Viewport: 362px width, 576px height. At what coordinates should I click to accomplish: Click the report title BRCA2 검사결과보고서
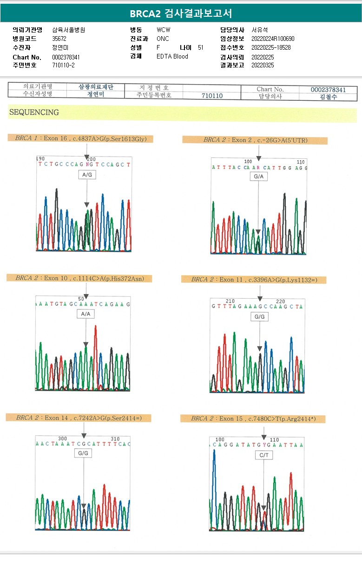pos(181,13)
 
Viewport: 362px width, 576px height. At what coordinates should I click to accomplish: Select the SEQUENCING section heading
pos(34,112)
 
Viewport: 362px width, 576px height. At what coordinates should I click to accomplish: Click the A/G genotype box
pos(87,175)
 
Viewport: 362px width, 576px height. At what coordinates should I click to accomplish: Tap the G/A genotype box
pos(258,177)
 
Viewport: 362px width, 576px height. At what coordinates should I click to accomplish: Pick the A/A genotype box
pos(86,314)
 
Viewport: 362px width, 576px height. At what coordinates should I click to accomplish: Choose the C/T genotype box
pos(263,456)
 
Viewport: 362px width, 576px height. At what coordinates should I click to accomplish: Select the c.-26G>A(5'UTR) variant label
pos(255,140)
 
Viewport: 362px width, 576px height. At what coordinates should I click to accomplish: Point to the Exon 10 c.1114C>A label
pos(79,278)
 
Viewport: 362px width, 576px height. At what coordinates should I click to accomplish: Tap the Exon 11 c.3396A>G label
pos(254,280)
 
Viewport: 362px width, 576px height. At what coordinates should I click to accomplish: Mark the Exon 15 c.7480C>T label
pos(253,419)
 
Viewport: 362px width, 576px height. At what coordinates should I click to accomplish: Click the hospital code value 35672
pos(59,39)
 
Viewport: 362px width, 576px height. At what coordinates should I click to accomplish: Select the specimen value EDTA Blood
pos(172,56)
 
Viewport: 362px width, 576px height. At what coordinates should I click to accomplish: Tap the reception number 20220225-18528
pos(271,47)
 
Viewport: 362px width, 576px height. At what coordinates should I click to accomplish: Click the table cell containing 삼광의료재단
pos(96,87)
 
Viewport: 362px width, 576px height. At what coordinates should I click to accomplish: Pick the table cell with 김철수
pos(329,97)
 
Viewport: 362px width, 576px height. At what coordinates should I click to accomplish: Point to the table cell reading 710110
pos(212,96)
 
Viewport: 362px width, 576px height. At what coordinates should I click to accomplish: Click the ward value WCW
pos(164,30)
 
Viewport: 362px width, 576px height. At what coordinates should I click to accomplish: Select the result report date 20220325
pos(263,65)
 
